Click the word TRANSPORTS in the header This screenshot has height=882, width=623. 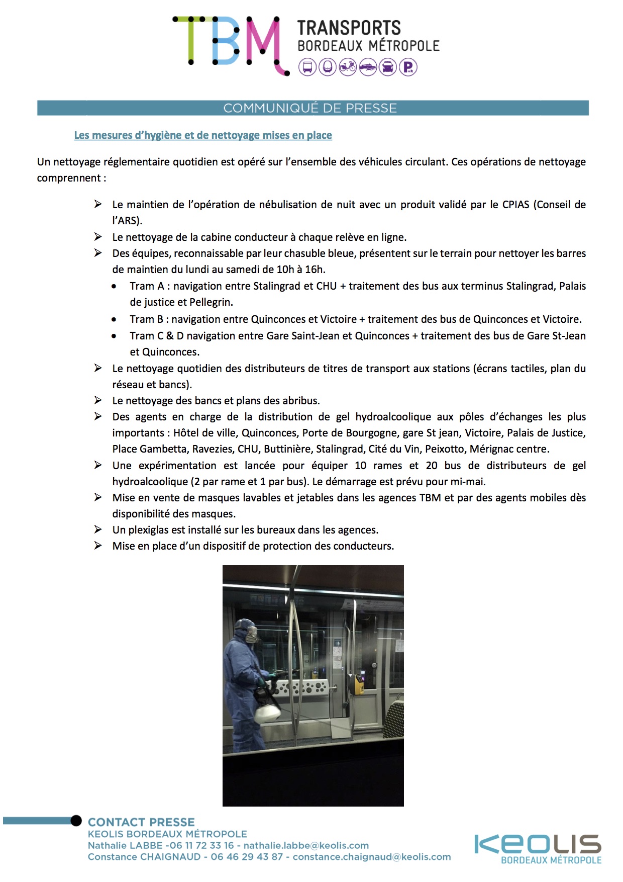tap(349, 28)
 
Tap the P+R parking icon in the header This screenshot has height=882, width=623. tap(408, 67)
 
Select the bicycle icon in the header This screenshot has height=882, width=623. tap(348, 67)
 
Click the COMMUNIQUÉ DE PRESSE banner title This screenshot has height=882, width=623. tap(310, 108)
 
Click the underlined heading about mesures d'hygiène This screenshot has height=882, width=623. tap(203, 135)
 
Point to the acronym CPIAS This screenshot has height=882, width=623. tap(515, 205)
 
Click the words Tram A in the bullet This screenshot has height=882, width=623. tap(147, 286)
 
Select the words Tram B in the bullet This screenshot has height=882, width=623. tap(146, 319)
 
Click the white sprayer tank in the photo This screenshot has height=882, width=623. tap(268, 713)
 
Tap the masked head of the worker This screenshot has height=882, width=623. tap(247, 631)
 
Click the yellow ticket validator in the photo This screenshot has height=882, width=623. tap(359, 682)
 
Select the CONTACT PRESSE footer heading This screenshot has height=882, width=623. tap(141, 822)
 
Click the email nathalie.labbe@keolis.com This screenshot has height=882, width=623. tap(306, 846)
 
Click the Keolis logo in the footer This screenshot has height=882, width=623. tap(538, 845)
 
